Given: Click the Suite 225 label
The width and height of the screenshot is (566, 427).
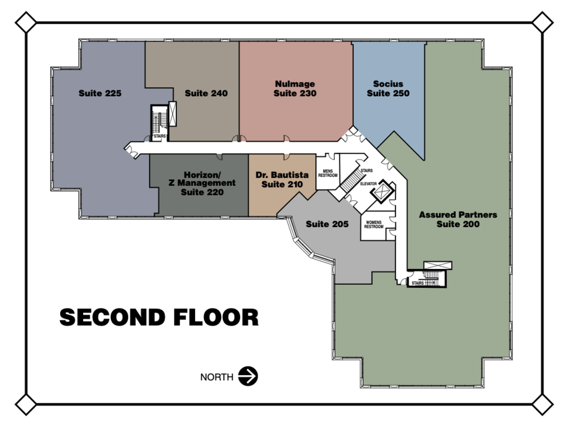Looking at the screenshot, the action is tap(100, 93).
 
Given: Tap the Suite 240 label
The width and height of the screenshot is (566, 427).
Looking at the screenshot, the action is tap(206, 93).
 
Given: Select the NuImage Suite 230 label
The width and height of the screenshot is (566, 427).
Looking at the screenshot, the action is tap(295, 88).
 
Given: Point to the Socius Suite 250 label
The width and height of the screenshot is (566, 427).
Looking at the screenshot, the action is tap(388, 88).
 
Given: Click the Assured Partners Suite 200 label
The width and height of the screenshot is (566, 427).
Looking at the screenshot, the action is tap(458, 219).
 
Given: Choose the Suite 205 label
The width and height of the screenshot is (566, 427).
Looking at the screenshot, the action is tap(327, 224).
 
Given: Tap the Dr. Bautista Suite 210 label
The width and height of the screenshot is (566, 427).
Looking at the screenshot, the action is tap(282, 179).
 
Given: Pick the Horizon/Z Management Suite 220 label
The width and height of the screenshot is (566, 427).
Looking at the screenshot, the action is tap(202, 183).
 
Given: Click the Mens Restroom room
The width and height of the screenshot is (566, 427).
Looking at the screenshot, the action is tap(328, 173).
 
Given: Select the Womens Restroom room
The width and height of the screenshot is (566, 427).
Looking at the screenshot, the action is tap(374, 225).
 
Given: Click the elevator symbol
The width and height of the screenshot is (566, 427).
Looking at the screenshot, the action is tap(381, 192).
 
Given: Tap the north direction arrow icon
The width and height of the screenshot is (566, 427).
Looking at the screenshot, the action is tap(248, 376).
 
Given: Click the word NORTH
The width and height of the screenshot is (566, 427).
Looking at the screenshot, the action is tap(216, 377).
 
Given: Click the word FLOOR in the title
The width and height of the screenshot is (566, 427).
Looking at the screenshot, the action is tap(216, 317).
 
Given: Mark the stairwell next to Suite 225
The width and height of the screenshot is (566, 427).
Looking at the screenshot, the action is tap(159, 123).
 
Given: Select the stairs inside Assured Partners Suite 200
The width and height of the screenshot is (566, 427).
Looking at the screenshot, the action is tap(427, 278).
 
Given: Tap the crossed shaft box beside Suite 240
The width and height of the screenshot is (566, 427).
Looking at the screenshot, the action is tap(173, 114).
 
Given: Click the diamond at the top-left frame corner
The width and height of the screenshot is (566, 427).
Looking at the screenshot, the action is tap(25, 22).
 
